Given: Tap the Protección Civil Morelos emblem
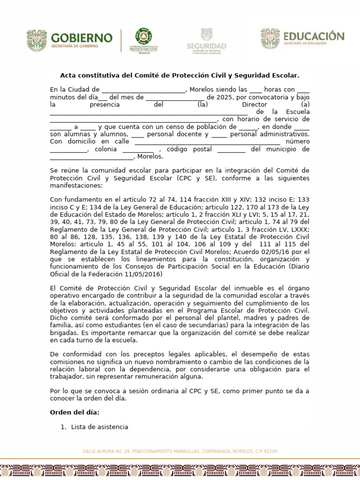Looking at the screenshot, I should (144, 41).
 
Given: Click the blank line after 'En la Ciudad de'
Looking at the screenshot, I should (143, 90).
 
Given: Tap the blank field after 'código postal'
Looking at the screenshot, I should (231, 150).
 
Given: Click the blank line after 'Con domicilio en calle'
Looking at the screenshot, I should (208, 142).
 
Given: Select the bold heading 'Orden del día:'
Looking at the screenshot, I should (75, 412).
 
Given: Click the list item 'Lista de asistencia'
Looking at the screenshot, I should (99, 427).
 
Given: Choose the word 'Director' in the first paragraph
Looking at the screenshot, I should (254, 105).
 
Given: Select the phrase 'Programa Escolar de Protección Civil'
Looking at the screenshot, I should (248, 310).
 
